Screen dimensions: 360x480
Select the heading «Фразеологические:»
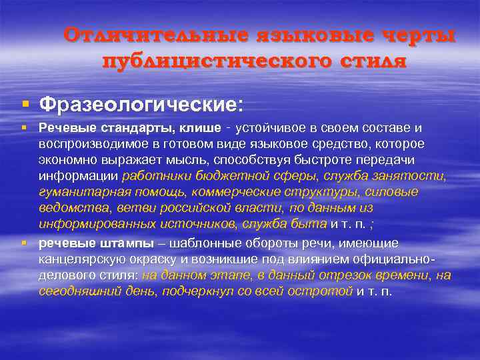coord(141,105)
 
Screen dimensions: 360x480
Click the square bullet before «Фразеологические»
coord(25,104)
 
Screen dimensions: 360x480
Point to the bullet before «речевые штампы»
coord(25,243)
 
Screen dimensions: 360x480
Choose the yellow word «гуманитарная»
coord(73,192)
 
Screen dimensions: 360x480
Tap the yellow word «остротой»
coord(323,291)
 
